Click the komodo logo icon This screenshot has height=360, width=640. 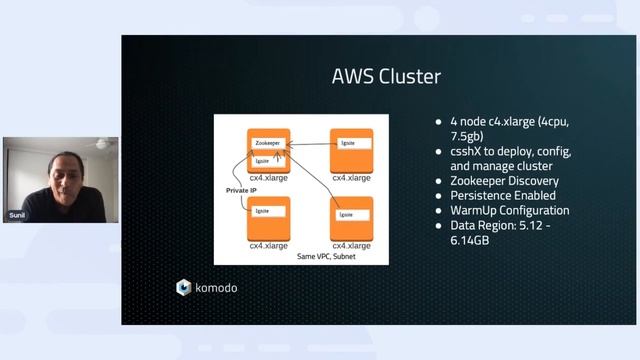pyautogui.click(x=184, y=288)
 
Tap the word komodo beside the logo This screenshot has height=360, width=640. pyautogui.click(x=217, y=288)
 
